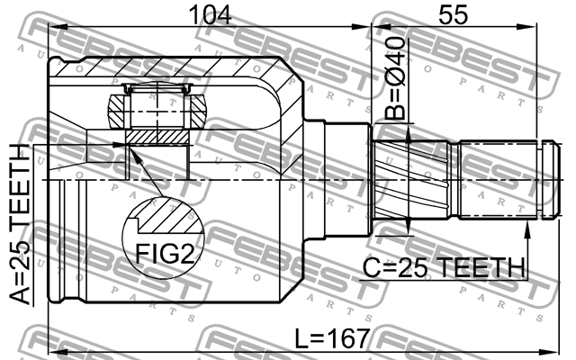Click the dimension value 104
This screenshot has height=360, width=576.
[x=210, y=14]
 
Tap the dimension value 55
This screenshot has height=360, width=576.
[x=454, y=14]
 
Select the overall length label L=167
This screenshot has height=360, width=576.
[x=332, y=338]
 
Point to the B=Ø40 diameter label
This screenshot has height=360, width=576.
[x=395, y=79]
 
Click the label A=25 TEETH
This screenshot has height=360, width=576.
[x=19, y=225]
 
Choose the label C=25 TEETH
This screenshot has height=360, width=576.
[x=444, y=267]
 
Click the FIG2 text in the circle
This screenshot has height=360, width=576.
[x=165, y=254]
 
